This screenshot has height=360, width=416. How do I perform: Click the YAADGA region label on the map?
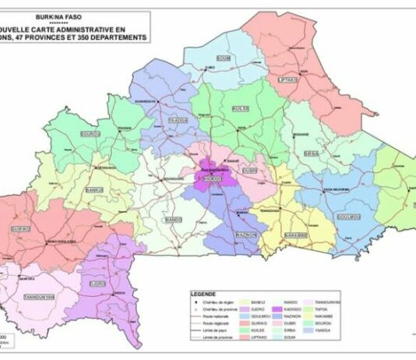[x=178, y=121]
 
